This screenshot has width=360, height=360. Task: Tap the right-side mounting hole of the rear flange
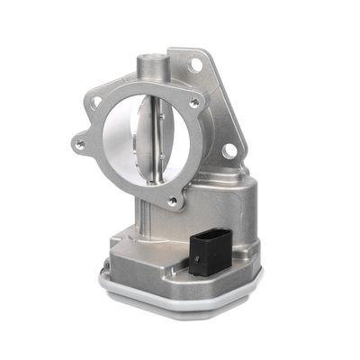[230, 149]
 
